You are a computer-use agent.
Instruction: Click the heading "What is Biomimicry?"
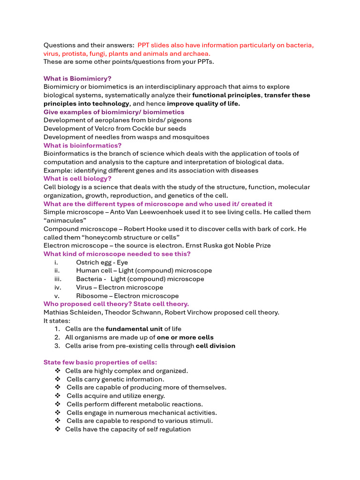pyautogui.click(x=77, y=78)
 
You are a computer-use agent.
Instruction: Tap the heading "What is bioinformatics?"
pyautogui.click(x=82, y=145)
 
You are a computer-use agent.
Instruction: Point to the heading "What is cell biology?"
pyautogui.click(x=77, y=179)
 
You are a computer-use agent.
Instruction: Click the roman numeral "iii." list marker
pyautogui.click(x=57, y=279)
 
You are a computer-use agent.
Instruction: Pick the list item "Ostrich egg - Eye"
pyautogui.click(x=102, y=262)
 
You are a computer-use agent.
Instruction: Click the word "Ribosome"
pyautogui.click(x=91, y=296)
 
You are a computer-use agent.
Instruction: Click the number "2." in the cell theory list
pyautogui.click(x=57, y=337)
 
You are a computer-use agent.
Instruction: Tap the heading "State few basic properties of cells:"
pyautogui.click(x=100, y=362)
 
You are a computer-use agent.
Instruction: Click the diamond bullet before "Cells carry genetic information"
pyautogui.click(x=58, y=379)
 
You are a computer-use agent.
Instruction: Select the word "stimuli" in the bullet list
pyautogui.click(x=200, y=421)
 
